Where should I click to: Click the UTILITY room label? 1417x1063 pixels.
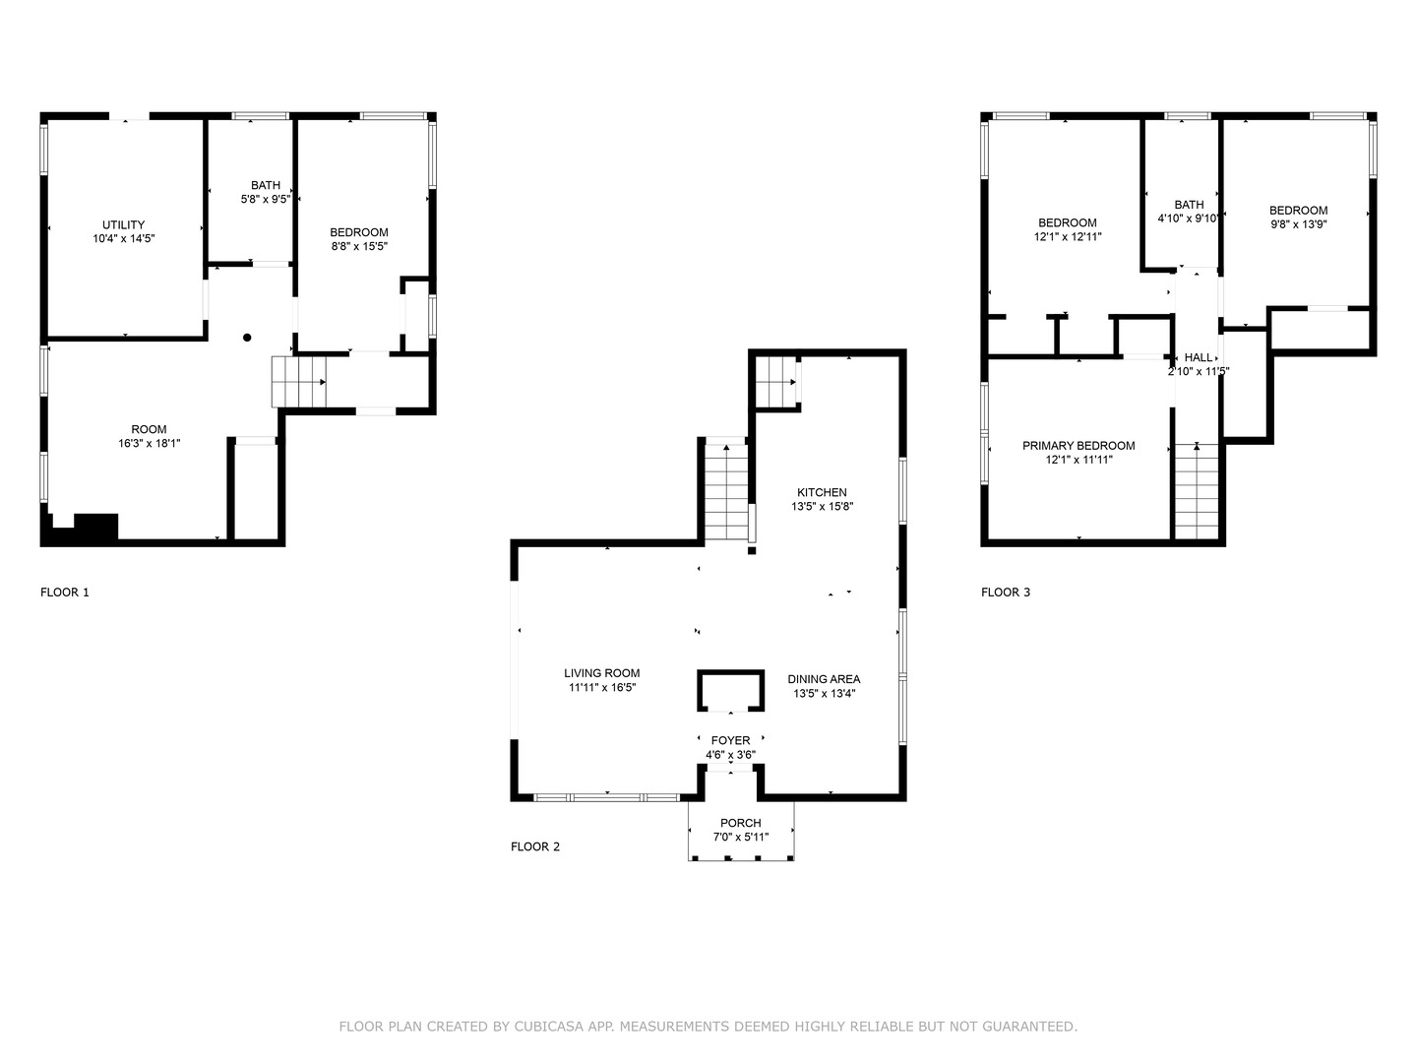[123, 224]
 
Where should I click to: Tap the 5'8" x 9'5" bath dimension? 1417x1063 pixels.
[266, 200]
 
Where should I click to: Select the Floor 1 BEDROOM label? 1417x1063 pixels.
[359, 232]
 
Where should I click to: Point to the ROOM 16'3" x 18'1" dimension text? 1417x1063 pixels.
[150, 443]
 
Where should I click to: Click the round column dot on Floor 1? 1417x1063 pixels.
[247, 338]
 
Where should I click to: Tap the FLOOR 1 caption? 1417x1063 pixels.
[65, 593]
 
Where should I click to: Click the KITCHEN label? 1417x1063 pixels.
[822, 492]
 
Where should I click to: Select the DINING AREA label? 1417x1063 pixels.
[824, 679]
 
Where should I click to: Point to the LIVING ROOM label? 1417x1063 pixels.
[601, 673]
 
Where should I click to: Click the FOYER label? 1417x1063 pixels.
[731, 740]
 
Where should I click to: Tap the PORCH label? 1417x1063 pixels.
[740, 823]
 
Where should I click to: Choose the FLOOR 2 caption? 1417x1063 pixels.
[535, 846]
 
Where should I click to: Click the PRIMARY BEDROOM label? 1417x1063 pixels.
[1078, 445]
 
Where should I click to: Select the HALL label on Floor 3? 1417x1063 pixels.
[1199, 357]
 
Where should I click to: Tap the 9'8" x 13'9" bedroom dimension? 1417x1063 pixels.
[1298, 224]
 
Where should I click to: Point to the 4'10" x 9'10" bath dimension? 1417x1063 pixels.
[1188, 219]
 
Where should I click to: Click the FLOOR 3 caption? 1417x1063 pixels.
[1006, 593]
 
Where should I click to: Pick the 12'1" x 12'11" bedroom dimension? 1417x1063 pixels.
[1068, 237]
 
